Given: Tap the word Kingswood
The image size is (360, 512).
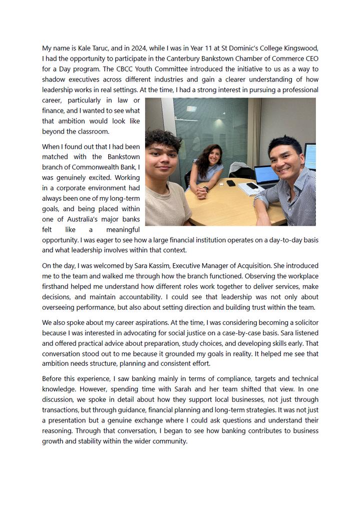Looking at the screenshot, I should (x=299, y=48).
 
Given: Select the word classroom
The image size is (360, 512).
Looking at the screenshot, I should (x=92, y=132).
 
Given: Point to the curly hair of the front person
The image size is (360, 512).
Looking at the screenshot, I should (x=163, y=140).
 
